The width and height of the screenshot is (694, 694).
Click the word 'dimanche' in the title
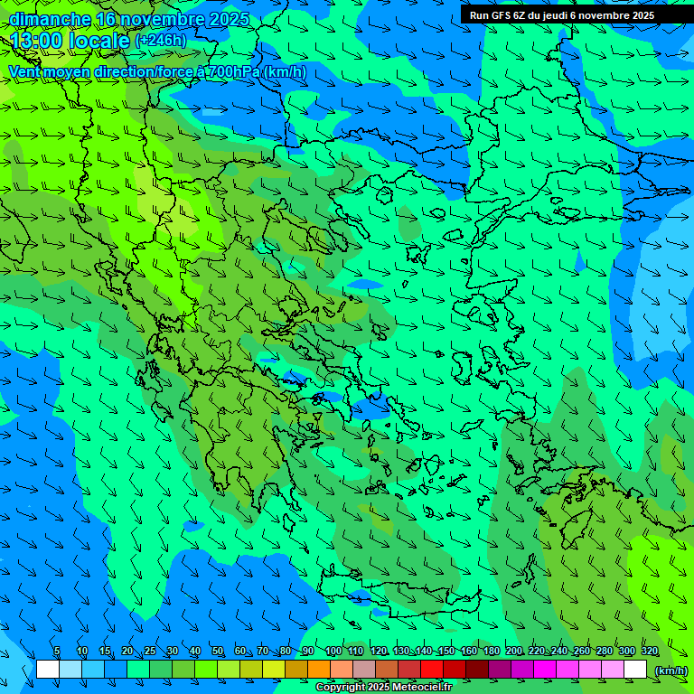(50, 19)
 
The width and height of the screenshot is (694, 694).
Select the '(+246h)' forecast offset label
(161, 41)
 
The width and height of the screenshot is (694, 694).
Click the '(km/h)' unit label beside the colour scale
(670, 671)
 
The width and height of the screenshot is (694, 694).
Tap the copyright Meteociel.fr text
(383, 688)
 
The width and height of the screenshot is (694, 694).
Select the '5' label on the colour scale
(57, 652)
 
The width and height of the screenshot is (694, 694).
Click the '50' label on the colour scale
(217, 652)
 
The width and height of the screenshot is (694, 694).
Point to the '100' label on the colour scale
(333, 652)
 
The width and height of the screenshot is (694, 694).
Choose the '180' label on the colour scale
(491, 652)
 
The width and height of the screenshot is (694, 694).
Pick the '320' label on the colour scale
(649, 652)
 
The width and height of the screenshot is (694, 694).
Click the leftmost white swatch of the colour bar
(48, 670)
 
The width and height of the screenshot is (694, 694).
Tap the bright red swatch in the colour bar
(432, 670)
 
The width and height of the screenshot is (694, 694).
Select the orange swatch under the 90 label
(319, 670)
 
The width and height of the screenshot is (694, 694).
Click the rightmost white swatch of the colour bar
(635, 670)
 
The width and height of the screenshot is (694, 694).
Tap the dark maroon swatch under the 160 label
(477, 670)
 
